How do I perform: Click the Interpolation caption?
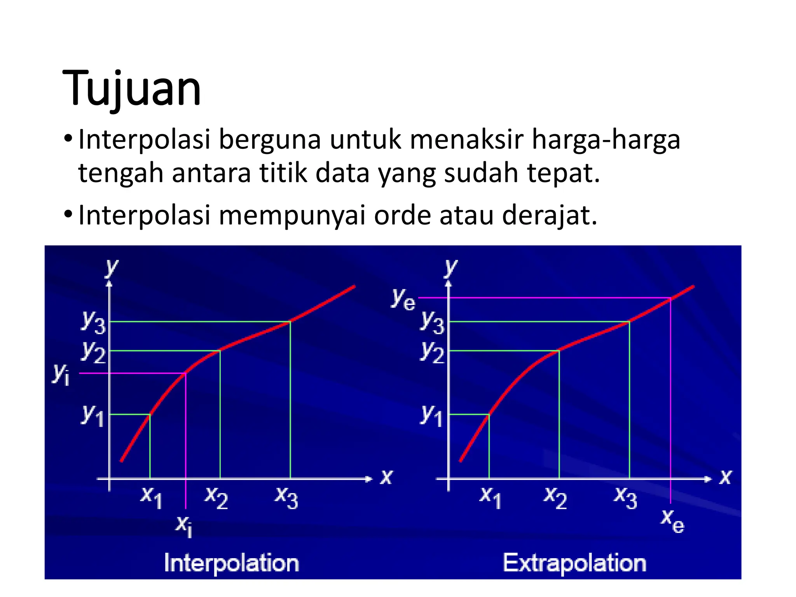coord(231,563)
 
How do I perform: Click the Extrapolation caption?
coord(574,563)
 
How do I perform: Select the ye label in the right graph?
coord(403,299)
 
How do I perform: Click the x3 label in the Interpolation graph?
coord(286,497)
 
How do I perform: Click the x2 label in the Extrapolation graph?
coord(555,497)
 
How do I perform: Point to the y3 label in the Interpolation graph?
coord(93,322)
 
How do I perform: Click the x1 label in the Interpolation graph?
coord(151,497)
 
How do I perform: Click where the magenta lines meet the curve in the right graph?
coord(670,298)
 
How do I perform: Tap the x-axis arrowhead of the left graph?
coord(369,479)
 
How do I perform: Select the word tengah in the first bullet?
coord(120,173)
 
